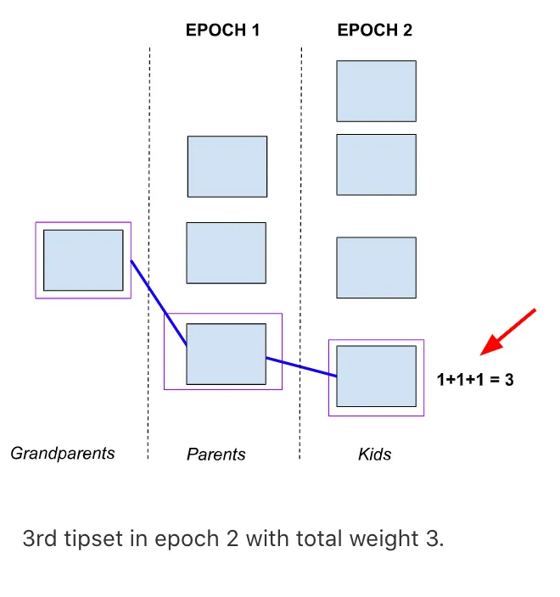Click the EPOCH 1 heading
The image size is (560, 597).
[222, 31]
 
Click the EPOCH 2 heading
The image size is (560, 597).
[374, 31]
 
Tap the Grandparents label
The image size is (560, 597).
[62, 453]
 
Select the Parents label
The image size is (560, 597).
[216, 455]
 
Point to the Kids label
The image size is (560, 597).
[374, 455]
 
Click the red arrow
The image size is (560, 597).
[508, 332]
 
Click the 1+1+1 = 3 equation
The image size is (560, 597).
[475, 380]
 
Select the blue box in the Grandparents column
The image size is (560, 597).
[83, 260]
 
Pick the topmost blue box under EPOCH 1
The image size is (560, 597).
[227, 166]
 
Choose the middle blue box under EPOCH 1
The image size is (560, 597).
[226, 253]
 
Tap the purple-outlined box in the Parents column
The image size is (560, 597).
[226, 354]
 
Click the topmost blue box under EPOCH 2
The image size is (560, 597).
[376, 91]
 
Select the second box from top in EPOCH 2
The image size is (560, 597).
[376, 165]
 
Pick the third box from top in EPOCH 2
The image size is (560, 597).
[376, 267]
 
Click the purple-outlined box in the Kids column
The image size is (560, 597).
[376, 376]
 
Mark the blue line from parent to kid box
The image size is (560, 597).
[301, 366]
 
